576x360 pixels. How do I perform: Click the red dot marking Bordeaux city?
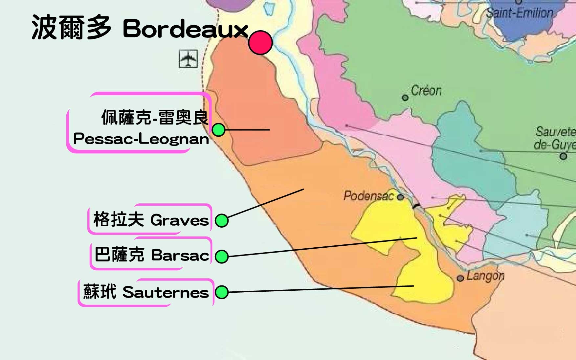[x=260, y=42]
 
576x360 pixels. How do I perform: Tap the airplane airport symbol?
[x=188, y=59]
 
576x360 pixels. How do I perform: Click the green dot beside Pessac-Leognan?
[x=218, y=130]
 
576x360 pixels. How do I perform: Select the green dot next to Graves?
[x=222, y=220]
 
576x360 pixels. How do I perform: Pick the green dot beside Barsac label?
[x=222, y=256]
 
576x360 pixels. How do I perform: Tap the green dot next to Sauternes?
[x=222, y=292]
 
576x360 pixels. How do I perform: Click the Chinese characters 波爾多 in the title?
[x=71, y=28]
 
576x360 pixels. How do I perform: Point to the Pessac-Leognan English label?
[x=141, y=139]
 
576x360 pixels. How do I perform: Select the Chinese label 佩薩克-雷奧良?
[x=155, y=117]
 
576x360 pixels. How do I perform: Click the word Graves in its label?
[x=180, y=220]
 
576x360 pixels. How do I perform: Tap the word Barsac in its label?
[x=180, y=256]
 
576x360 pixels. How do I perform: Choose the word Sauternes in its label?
[x=166, y=292]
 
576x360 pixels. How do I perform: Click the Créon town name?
[x=426, y=91]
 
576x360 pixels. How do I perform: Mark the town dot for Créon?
[x=405, y=98]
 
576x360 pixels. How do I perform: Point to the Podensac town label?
[x=368, y=196]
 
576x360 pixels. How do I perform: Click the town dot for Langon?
[x=460, y=278]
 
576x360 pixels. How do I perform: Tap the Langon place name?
[x=485, y=276]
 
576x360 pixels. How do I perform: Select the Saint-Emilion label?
[x=519, y=13]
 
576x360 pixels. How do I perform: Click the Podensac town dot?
[x=400, y=197]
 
